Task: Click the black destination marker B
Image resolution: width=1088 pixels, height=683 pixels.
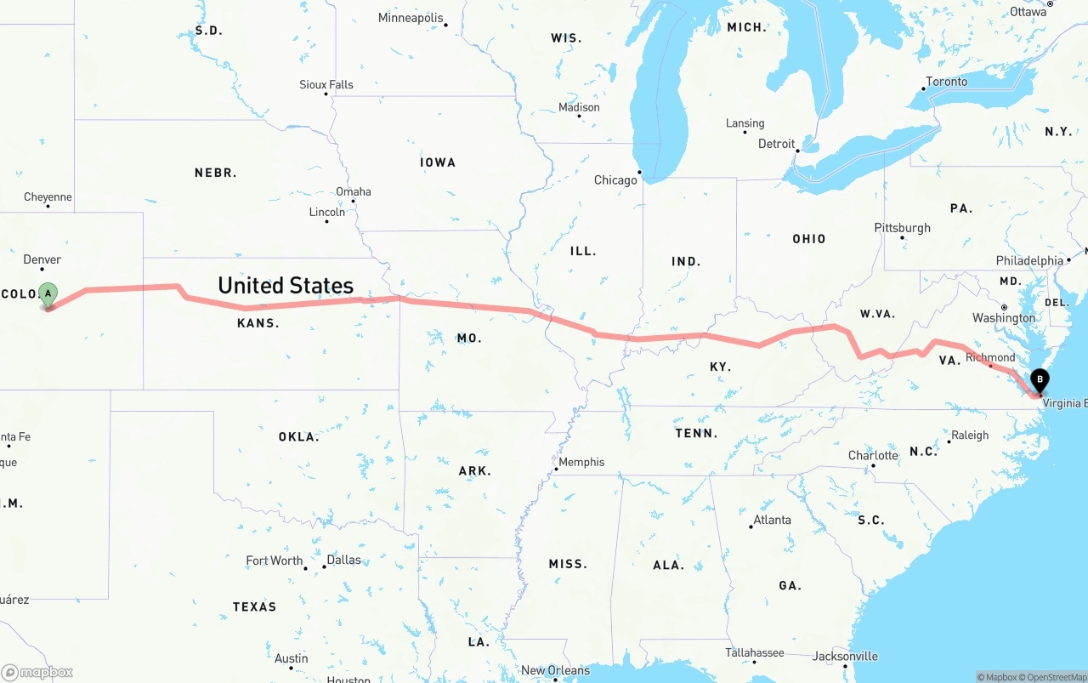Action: (1039, 381)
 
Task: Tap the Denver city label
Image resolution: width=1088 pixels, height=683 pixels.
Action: (42, 259)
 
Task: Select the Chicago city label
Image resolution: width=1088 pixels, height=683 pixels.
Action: (615, 180)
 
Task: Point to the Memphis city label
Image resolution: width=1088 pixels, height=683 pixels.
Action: (582, 462)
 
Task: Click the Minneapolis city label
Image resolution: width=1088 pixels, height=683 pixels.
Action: (411, 18)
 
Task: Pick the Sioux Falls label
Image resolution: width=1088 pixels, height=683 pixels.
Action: (326, 84)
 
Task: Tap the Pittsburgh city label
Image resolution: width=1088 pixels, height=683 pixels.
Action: (902, 228)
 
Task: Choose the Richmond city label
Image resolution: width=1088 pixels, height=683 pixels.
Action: (990, 357)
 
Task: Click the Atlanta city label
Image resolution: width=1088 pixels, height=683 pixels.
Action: (772, 520)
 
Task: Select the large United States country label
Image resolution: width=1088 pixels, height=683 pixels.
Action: (286, 285)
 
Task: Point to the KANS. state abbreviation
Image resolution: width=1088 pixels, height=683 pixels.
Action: (258, 323)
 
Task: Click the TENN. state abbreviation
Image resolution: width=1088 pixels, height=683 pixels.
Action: (696, 433)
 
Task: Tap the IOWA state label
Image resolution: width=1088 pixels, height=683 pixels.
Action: (438, 162)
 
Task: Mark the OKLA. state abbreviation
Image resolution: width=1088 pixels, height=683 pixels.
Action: (299, 437)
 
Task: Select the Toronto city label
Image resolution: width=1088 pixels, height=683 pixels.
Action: (947, 82)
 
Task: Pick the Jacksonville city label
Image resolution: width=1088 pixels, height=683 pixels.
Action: (845, 656)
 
